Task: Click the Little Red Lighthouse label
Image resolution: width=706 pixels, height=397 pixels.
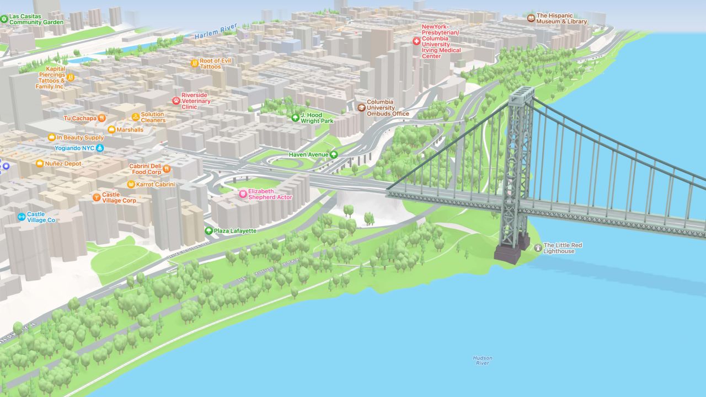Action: [563, 248]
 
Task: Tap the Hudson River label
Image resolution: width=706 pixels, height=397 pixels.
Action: [482, 360]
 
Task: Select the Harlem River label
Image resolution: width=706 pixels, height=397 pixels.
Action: [216, 31]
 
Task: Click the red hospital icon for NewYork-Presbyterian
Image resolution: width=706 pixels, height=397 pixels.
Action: [416, 41]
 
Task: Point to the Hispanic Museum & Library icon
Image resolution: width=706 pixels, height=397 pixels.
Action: [531, 18]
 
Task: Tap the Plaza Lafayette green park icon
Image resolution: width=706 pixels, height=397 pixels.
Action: [208, 230]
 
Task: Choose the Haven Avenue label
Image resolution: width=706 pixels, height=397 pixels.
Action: [308, 155]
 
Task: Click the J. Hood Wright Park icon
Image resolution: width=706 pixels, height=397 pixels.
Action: [296, 117]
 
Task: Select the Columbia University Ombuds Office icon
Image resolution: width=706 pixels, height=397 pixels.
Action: [361, 107]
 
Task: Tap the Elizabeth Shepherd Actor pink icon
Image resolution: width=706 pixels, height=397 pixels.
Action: [243, 194]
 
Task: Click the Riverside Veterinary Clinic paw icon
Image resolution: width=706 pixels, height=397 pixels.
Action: [176, 101]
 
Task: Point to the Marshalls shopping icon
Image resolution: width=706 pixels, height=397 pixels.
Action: [111, 130]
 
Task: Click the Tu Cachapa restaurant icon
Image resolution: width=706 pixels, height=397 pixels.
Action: [101, 118]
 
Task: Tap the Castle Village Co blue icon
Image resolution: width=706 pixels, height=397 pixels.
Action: [22, 217]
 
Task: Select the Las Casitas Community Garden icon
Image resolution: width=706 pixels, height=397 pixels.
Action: [4, 19]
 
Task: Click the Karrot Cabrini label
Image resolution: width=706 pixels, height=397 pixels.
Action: [155, 184]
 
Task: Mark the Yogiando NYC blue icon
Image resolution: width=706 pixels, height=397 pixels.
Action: [100, 148]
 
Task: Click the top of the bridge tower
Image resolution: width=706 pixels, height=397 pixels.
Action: [521, 92]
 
